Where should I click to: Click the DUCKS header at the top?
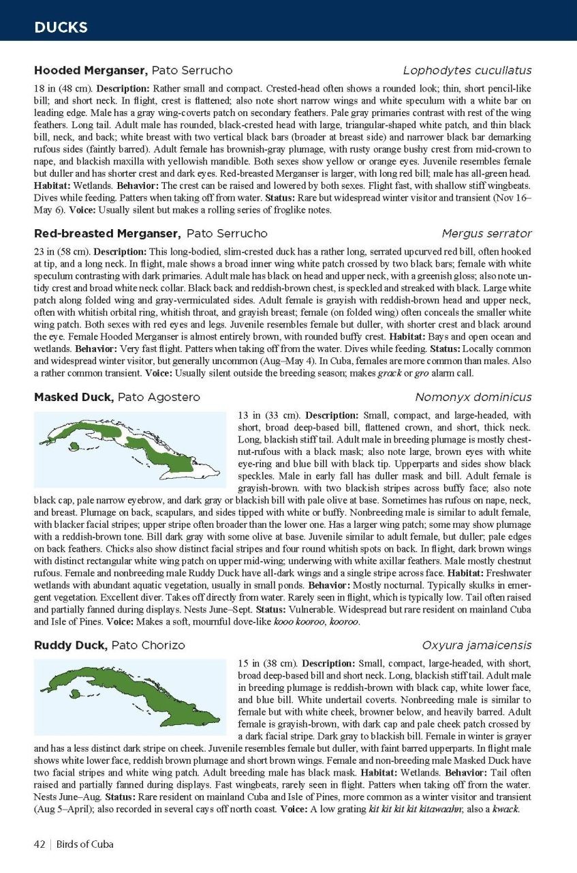61,27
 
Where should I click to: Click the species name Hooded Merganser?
91,70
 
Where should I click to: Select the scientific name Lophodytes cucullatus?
467,70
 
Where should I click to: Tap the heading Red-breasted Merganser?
107,233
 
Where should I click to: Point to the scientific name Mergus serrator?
486,233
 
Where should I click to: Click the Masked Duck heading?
74,397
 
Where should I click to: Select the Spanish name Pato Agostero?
159,397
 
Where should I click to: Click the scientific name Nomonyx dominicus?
473,397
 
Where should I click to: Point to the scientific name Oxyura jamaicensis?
476,645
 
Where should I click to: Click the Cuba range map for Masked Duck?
129,448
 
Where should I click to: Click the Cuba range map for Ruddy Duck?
129,696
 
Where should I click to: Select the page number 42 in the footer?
40,844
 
